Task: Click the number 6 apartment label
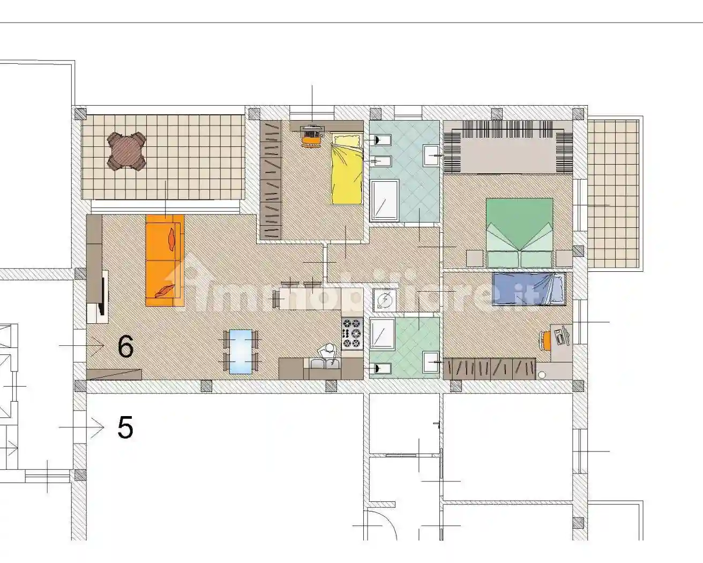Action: (x=125, y=347)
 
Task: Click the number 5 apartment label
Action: (x=125, y=428)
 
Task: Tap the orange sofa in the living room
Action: (x=165, y=261)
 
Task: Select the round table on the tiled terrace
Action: (x=127, y=151)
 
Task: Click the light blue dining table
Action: (x=241, y=351)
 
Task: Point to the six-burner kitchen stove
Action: (x=352, y=332)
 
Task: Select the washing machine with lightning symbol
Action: (x=384, y=300)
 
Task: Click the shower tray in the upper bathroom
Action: (x=384, y=200)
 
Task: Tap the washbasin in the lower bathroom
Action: (x=431, y=362)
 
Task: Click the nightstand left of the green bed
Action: (x=475, y=258)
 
